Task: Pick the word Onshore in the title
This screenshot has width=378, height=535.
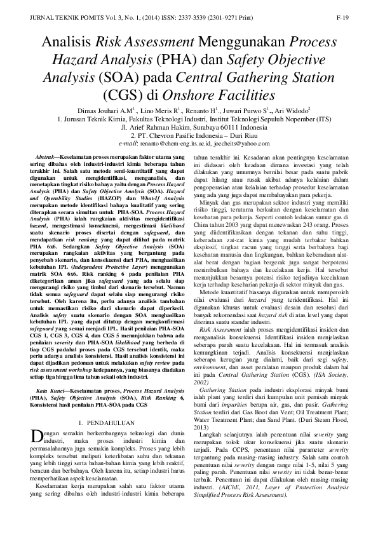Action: [210, 96]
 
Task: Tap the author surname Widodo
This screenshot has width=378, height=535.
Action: [297, 111]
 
